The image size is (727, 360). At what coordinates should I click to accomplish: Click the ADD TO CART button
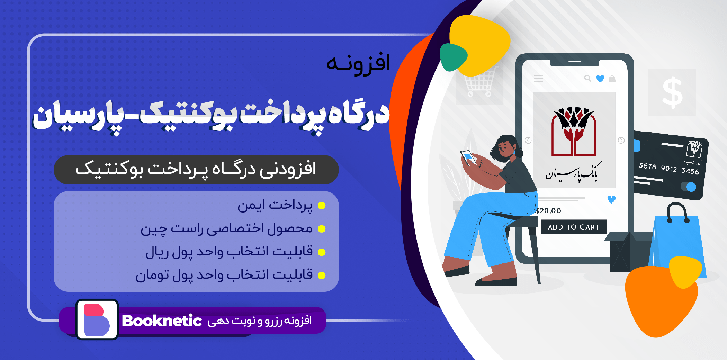pos(573,227)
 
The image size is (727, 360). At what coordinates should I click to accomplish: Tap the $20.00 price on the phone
pos(548,210)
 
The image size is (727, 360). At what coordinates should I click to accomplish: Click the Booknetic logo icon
pos(97,319)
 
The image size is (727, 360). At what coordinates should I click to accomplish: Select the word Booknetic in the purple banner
pos(162,321)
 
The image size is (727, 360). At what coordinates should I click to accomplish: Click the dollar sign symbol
pos(672,92)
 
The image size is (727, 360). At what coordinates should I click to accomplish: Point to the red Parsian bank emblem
pos(574,132)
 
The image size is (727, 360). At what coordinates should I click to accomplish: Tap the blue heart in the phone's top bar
pos(600,79)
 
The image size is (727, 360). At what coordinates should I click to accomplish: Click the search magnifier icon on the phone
pos(587,79)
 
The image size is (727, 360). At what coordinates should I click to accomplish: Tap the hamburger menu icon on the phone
pos(538,79)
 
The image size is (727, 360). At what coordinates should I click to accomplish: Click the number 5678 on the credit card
pos(647,166)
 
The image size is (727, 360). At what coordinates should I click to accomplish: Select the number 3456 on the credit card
pos(690,171)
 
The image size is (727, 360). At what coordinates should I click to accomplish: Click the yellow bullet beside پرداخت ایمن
pos(322,206)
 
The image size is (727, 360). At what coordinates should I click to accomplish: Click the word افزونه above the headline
pos(358,63)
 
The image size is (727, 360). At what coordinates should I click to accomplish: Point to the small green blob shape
pos(453,57)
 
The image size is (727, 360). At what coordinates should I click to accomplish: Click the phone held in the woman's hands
pos(468,157)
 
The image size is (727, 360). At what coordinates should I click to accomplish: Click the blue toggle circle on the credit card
pos(691,187)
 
